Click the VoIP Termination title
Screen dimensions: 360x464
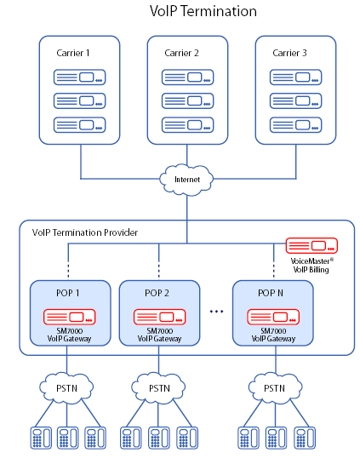click(x=203, y=11)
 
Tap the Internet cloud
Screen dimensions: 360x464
click(x=186, y=180)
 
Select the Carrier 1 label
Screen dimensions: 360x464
click(x=73, y=53)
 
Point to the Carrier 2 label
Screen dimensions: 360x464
click(x=181, y=53)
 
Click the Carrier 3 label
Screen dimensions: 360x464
click(x=289, y=53)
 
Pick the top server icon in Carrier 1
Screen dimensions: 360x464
click(x=79, y=77)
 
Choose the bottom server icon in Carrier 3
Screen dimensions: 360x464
click(x=296, y=125)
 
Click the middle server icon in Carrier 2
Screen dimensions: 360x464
click(x=187, y=101)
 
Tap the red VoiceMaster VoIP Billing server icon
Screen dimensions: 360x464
click(x=311, y=245)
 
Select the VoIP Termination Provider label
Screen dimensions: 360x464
click(x=85, y=232)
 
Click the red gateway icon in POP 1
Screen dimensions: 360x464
click(x=70, y=317)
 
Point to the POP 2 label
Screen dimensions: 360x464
click(x=157, y=293)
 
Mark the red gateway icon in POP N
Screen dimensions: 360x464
click(x=273, y=317)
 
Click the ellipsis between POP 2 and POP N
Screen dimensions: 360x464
click(x=216, y=312)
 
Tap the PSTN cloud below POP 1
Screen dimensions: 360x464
click(x=66, y=387)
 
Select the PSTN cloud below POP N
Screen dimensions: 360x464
click(x=275, y=387)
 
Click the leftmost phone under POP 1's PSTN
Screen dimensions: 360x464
click(x=41, y=438)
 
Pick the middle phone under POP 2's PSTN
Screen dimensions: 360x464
click(x=159, y=438)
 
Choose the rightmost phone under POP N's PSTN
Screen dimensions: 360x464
click(x=305, y=438)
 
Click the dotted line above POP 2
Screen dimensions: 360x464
click(x=159, y=270)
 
